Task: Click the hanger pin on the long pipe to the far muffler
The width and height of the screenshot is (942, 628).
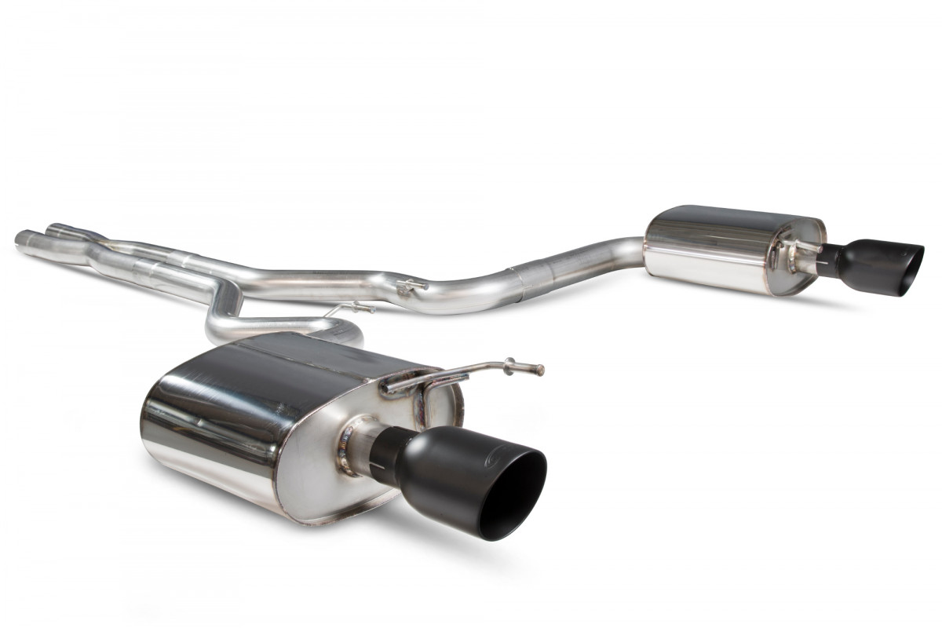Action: pyautogui.click(x=413, y=287)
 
